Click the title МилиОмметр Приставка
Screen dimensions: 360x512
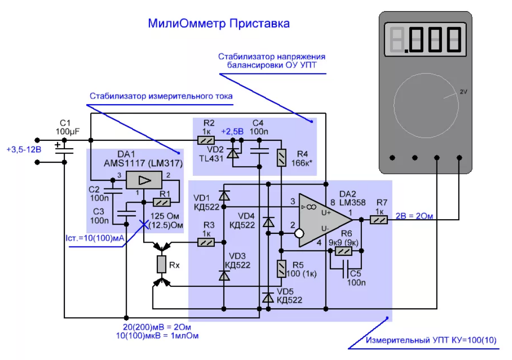coord(219,23)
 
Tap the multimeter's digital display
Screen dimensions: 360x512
coord(425,39)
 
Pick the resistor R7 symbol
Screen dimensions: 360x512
coord(379,220)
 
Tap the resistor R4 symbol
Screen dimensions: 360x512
coord(281,158)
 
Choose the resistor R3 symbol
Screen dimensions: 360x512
coord(206,242)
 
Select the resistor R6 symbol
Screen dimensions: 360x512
coord(344,251)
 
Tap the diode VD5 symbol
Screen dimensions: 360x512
coord(267,297)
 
